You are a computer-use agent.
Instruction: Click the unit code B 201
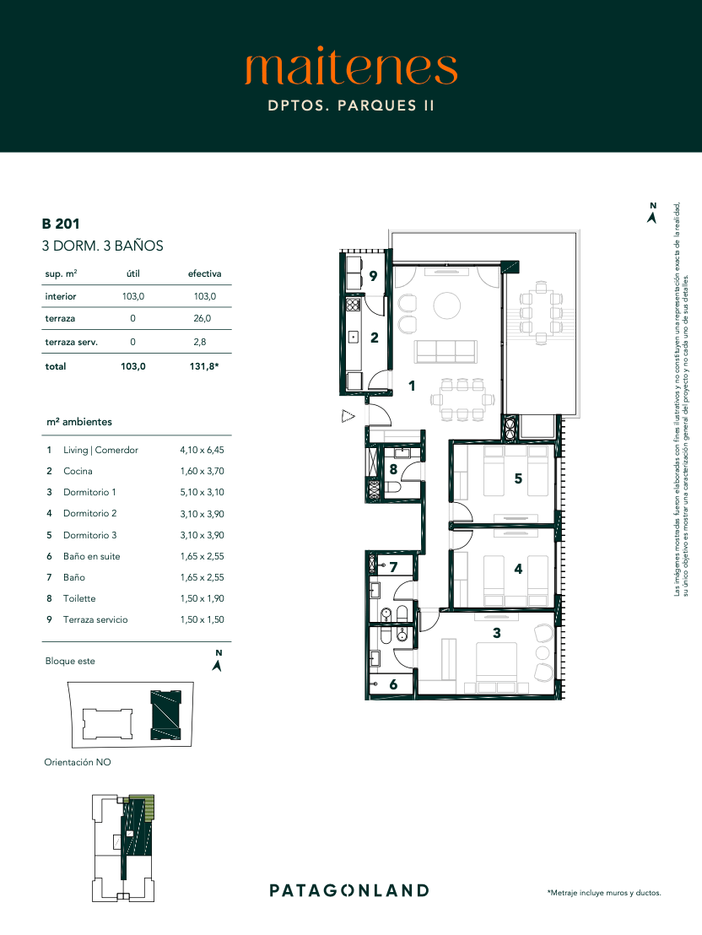coord(60,224)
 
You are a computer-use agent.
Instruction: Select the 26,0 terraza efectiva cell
coord(202,318)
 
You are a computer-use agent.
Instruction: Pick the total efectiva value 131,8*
coord(204,366)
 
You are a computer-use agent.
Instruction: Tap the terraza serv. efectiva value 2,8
coord(200,342)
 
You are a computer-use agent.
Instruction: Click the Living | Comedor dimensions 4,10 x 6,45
coord(202,451)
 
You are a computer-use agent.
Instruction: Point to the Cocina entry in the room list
coord(78,471)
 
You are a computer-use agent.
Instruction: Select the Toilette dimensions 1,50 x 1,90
coord(202,598)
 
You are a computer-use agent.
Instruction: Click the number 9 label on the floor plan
coord(374,275)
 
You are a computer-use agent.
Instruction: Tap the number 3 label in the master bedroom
coord(497,633)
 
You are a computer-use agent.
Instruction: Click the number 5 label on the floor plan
coord(518,478)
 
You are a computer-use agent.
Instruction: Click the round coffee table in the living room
coord(446,306)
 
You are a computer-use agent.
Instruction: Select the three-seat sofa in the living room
coord(446,351)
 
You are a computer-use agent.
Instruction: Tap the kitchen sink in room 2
coord(353,338)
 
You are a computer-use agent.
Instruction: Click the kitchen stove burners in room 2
coord(353,305)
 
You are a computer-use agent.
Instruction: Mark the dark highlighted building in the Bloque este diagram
coord(166,715)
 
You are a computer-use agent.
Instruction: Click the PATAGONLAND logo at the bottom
coord(349,891)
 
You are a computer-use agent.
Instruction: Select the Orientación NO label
coord(78,762)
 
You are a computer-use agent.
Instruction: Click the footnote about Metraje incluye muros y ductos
coord(604,893)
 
